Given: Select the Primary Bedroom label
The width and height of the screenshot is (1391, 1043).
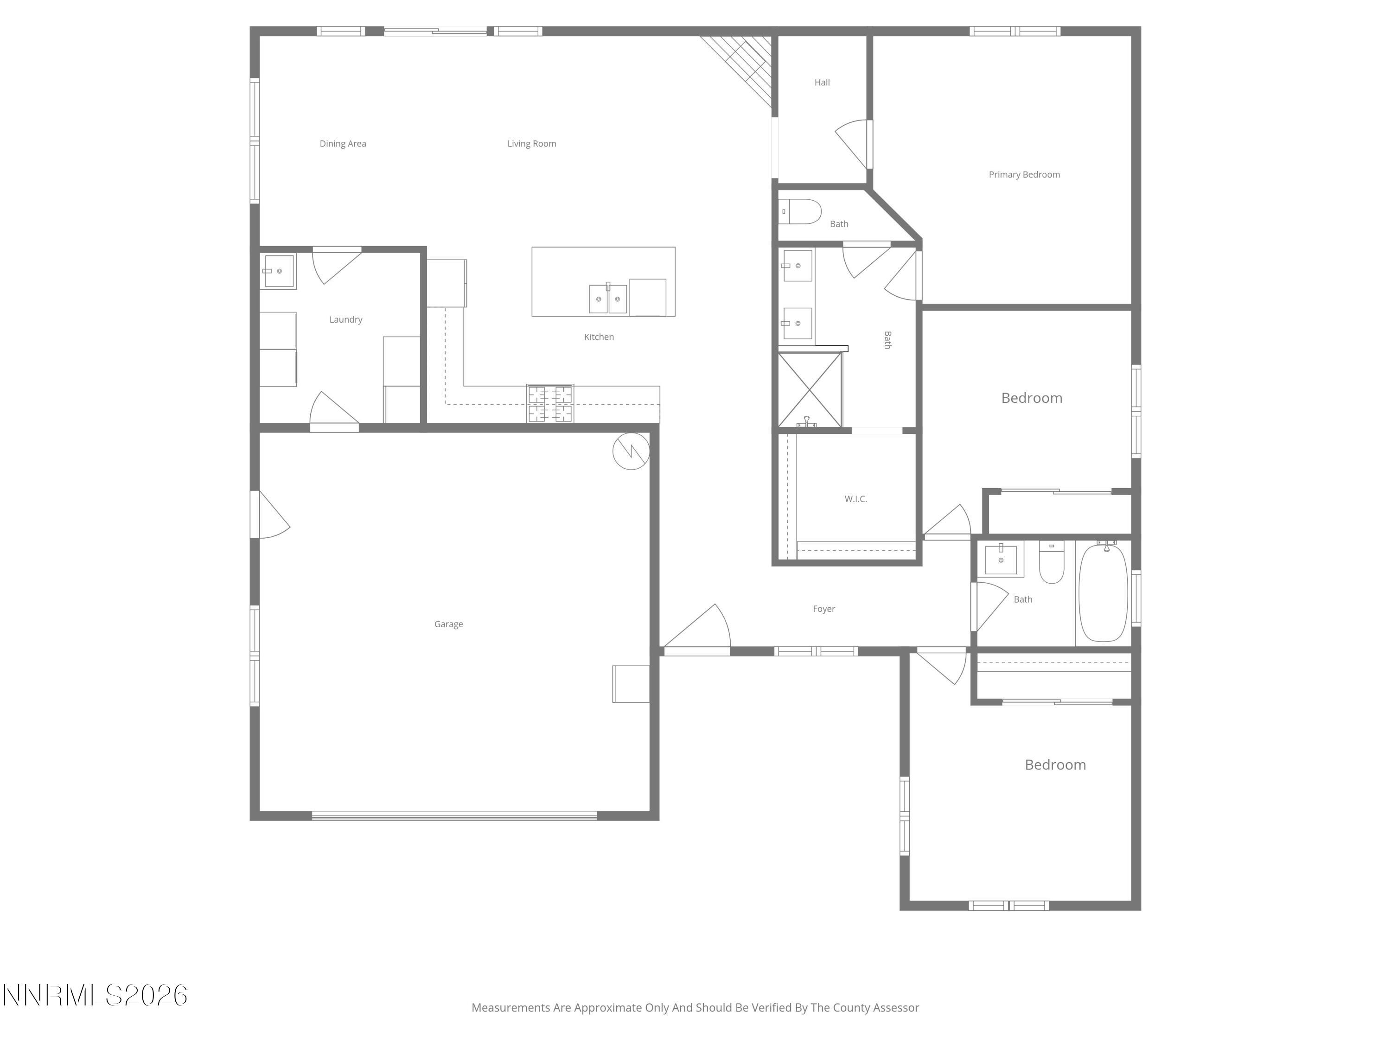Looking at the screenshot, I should tap(1024, 174).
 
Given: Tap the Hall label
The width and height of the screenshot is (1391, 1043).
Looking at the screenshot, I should tap(822, 83).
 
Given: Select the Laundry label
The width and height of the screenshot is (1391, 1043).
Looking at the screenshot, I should tap(345, 319).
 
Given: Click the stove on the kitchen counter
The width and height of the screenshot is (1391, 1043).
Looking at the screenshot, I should tap(550, 403).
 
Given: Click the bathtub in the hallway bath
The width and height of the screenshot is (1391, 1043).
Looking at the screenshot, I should tap(1103, 593).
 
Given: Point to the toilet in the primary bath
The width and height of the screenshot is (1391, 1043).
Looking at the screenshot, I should tap(800, 212).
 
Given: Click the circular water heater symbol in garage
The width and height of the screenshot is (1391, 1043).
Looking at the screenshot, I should tap(631, 451).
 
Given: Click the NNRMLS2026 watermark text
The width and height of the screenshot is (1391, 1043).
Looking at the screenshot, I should tap(94, 995).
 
